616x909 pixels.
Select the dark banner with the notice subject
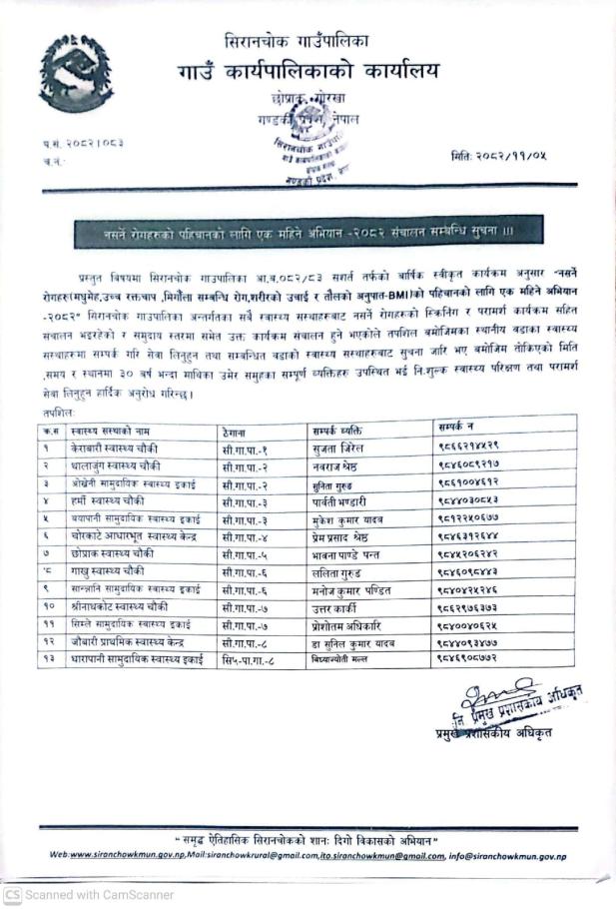pyautogui.click(x=308, y=232)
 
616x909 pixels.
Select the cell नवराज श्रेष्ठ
pyautogui.click(x=335, y=463)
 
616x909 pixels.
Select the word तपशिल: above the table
pyautogui.click(x=61, y=410)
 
